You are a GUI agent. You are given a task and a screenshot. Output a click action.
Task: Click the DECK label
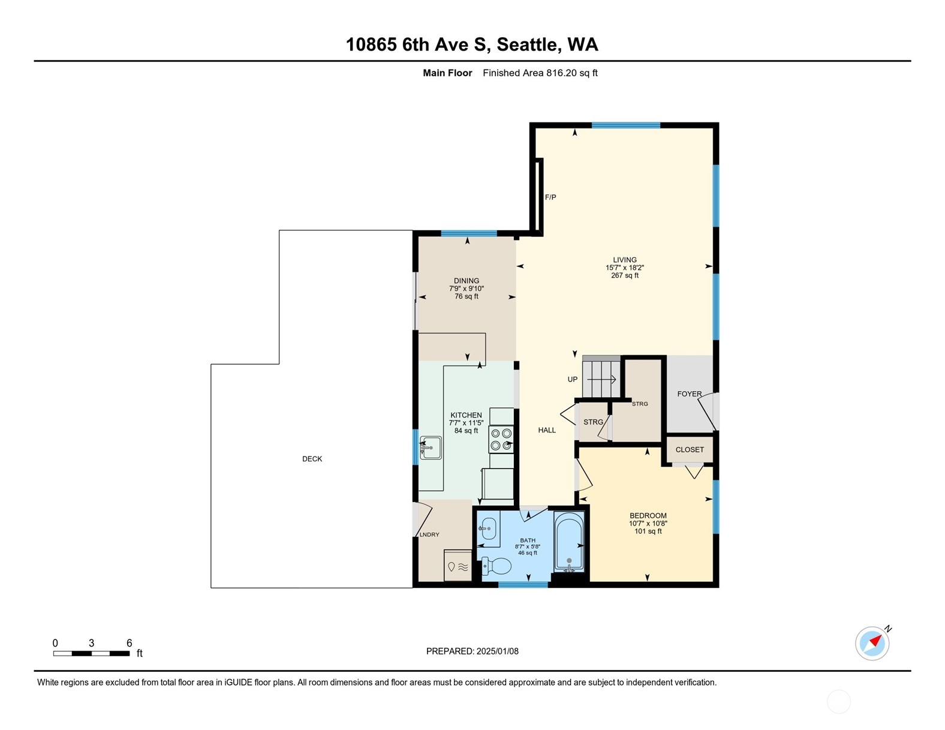point(312,458)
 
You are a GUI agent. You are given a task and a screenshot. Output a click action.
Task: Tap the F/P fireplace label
point(550,197)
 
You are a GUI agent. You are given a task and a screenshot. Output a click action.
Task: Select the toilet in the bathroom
point(496,566)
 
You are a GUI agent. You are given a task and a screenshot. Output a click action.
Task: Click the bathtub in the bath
point(569,541)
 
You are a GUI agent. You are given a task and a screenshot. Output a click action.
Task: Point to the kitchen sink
point(431,447)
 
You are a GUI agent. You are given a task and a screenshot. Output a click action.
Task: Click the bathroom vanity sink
point(488,528)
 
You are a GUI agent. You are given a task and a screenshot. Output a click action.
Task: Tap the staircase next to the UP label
point(601,377)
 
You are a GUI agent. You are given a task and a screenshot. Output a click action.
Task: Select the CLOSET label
point(690,449)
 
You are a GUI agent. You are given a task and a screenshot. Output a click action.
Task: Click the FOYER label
point(690,393)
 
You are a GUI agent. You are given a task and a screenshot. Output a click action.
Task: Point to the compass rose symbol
point(872,643)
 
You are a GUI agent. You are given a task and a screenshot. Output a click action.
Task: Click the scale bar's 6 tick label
point(129,643)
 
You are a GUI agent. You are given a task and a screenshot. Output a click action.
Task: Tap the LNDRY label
point(429,534)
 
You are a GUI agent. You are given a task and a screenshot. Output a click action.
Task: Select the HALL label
point(547,430)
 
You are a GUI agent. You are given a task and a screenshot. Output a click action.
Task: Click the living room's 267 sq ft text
point(624,275)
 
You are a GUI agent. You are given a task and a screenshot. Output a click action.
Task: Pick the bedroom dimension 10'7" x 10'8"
point(648,523)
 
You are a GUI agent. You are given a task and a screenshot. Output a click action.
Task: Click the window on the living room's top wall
point(626,125)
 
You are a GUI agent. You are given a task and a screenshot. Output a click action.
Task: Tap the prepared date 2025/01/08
point(498,651)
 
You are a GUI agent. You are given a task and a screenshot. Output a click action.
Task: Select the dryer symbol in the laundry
point(458,566)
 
